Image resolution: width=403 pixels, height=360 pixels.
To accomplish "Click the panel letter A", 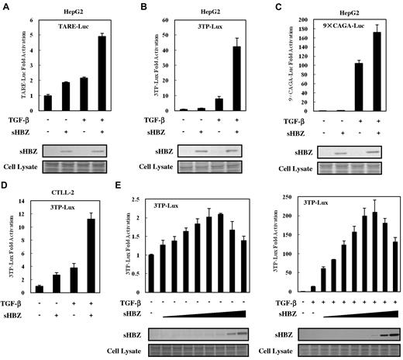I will point(5,6).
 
